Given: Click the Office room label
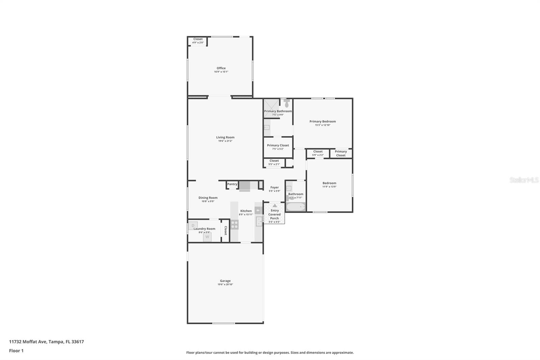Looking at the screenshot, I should click(x=221, y=68).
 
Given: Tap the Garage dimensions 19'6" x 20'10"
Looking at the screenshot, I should click(x=225, y=285).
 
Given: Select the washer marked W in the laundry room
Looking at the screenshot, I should click(x=207, y=237).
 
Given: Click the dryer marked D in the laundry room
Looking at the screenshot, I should click(x=193, y=225).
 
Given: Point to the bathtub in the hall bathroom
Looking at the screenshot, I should click(x=296, y=207).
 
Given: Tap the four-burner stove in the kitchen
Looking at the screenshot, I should click(x=234, y=224).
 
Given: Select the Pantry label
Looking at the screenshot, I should click(x=232, y=184).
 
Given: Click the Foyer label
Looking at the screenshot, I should click(x=274, y=187).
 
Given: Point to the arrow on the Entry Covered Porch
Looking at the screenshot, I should click(x=274, y=205).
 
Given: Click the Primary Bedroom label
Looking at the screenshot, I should click(x=322, y=122).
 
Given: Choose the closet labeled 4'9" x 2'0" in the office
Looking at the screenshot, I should click(x=198, y=41).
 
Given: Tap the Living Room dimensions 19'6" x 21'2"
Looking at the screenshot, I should click(x=225, y=141).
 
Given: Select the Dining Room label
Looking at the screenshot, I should click(x=208, y=198).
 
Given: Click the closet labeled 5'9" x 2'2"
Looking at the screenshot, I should click(x=318, y=153).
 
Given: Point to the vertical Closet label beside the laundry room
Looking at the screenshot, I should click(x=225, y=231).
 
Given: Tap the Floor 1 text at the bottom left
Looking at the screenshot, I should click(x=16, y=351).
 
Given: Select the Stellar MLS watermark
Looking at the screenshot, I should click(x=524, y=180).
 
